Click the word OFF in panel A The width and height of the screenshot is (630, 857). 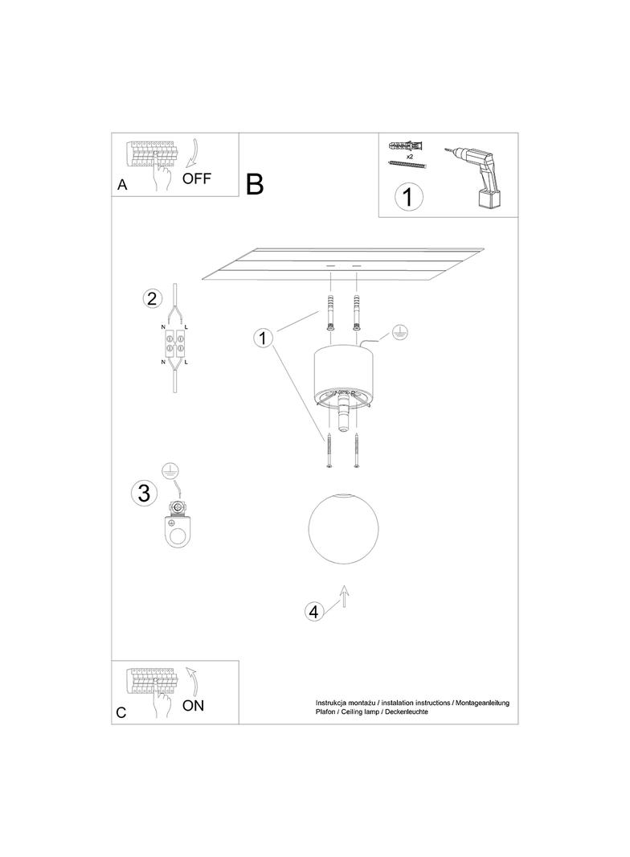tap(196, 178)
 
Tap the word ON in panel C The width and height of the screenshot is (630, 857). tap(193, 705)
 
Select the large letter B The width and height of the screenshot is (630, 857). tap(255, 184)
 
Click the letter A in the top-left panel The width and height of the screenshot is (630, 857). tap(122, 185)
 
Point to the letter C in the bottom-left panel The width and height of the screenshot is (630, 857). tap(121, 713)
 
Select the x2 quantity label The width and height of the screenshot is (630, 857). tap(409, 156)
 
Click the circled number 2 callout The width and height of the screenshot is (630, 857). tap(152, 298)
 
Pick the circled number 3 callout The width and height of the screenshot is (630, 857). tap(145, 493)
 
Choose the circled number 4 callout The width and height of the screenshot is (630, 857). tap(313, 612)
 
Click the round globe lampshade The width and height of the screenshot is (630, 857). tap(343, 528)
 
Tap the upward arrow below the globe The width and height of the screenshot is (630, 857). tap(344, 596)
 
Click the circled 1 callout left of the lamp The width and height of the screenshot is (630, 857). tap(263, 338)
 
